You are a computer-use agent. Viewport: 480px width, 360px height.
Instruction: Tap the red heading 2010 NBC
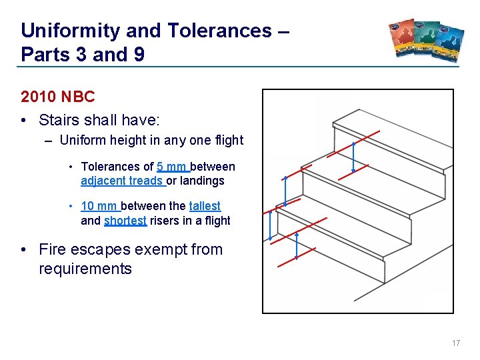58,97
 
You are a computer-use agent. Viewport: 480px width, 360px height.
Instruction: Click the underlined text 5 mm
173,167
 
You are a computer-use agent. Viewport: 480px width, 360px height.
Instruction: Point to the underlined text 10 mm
99,207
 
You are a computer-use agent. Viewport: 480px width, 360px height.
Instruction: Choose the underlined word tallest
205,207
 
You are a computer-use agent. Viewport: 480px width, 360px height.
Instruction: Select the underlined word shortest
125,221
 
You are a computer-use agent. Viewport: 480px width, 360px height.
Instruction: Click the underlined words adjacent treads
122,181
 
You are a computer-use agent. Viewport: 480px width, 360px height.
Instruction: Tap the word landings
202,181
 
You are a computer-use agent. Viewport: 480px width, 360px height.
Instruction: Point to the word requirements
85,269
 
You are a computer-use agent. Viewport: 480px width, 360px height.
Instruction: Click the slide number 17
456,343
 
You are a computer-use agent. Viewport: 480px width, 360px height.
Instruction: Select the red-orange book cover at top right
406,41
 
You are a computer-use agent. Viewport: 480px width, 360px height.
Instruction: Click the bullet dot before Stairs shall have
25,121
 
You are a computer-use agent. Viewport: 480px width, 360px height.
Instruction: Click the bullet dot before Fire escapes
25,250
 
